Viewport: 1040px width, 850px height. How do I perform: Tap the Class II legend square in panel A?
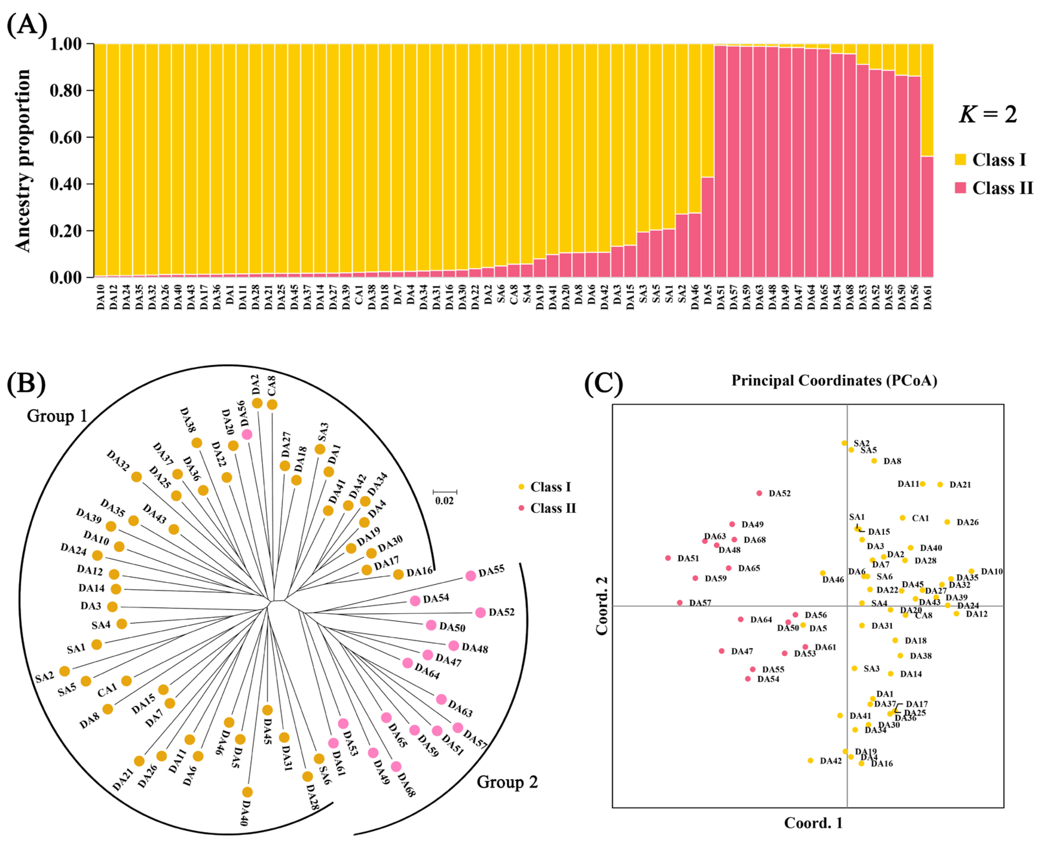pyautogui.click(x=960, y=188)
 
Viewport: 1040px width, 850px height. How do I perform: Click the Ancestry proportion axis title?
pyautogui.click(x=23, y=161)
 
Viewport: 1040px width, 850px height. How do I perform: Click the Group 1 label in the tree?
pyautogui.click(x=57, y=416)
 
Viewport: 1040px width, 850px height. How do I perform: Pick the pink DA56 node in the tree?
pyautogui.click(x=247, y=434)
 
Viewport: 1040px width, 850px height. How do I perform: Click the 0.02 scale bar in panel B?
pyautogui.click(x=445, y=492)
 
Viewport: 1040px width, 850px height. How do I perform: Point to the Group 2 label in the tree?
pyautogui.click(x=507, y=782)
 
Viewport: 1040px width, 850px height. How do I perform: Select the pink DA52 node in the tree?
pyautogui.click(x=480, y=613)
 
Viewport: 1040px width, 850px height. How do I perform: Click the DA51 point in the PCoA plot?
pyautogui.click(x=668, y=558)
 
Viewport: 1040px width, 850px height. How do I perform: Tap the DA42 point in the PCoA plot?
pyautogui.click(x=810, y=760)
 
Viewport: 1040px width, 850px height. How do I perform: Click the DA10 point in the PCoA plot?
pyautogui.click(x=971, y=571)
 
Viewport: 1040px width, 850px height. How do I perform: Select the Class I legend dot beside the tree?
pyautogui.click(x=521, y=487)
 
